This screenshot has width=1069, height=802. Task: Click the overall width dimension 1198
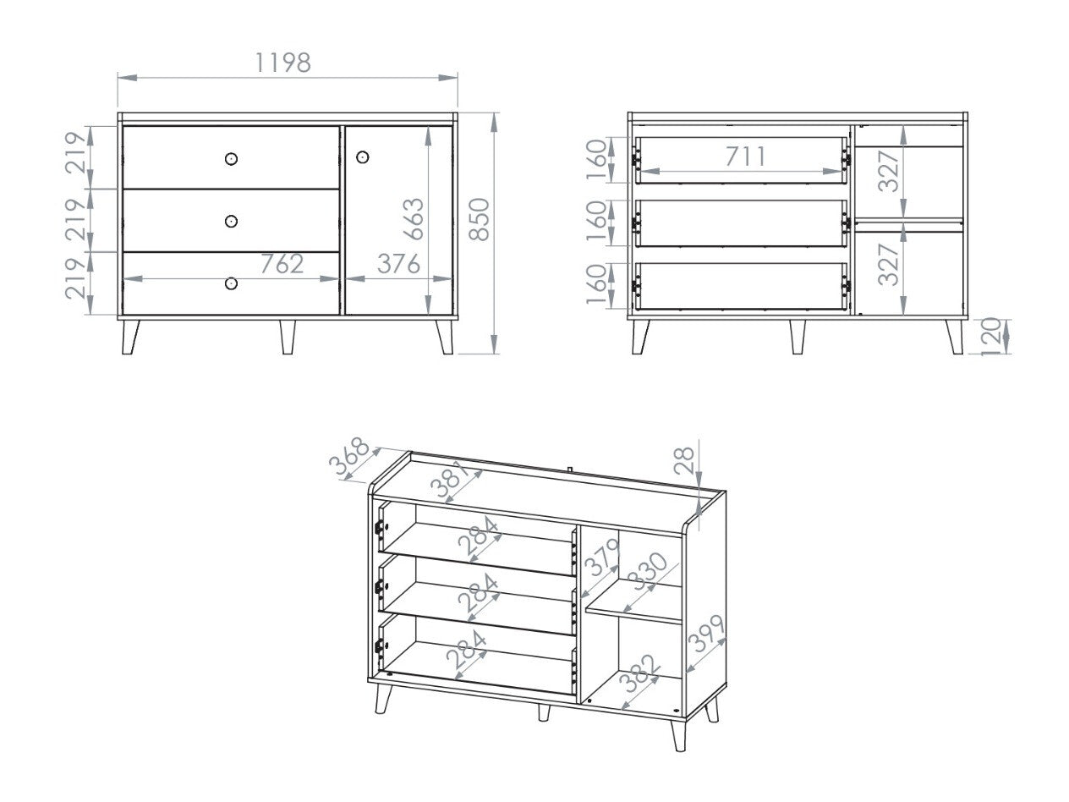tap(283, 63)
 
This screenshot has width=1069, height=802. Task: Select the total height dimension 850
tap(479, 220)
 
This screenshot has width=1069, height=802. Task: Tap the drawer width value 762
tap(281, 264)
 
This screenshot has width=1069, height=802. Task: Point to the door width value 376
tap(397, 264)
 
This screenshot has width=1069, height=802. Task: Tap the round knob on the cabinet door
tap(363, 157)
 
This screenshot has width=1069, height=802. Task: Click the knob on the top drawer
tap(231, 158)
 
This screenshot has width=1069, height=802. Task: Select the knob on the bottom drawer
tap(231, 283)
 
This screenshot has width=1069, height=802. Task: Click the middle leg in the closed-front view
tap(287, 336)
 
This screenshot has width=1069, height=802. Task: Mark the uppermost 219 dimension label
tap(76, 152)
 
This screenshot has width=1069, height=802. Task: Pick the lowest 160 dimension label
tap(595, 284)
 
